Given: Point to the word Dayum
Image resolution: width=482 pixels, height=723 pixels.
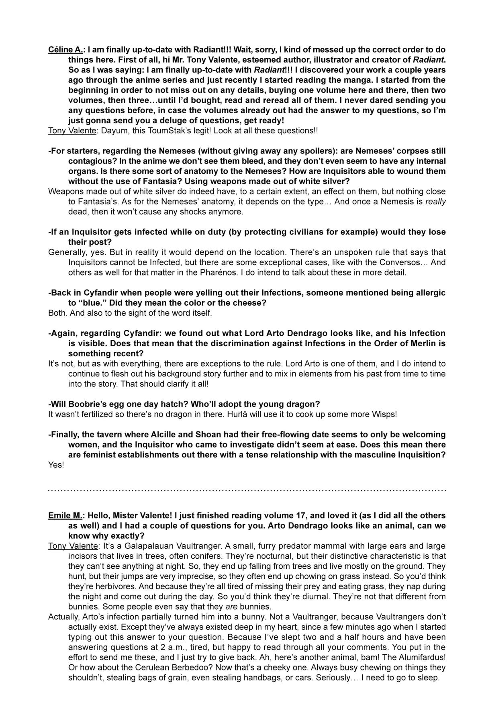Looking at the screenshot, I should (x=115, y=131).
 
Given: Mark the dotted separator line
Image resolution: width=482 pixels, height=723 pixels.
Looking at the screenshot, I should (x=247, y=490).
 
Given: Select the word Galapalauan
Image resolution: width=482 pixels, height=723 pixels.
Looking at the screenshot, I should (x=154, y=546).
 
